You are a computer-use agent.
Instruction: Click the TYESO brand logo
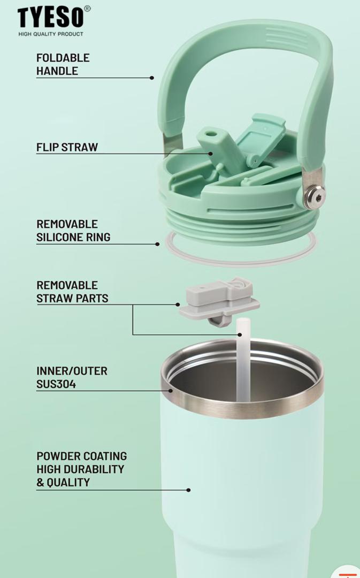[50, 17]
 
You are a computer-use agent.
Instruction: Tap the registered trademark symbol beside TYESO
[87, 9]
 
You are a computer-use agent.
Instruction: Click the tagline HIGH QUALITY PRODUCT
[51, 34]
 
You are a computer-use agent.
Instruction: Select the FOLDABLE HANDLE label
[63, 64]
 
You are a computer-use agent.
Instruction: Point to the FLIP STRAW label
[67, 147]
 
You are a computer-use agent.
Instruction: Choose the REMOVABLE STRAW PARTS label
[72, 292]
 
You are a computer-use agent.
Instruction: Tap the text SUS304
[56, 384]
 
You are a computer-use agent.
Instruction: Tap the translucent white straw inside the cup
[243, 360]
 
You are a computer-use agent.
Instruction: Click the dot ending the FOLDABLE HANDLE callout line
[152, 78]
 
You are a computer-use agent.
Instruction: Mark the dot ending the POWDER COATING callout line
[189, 490]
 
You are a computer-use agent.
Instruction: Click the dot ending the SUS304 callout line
[171, 390]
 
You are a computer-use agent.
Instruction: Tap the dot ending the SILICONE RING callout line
[157, 244]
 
